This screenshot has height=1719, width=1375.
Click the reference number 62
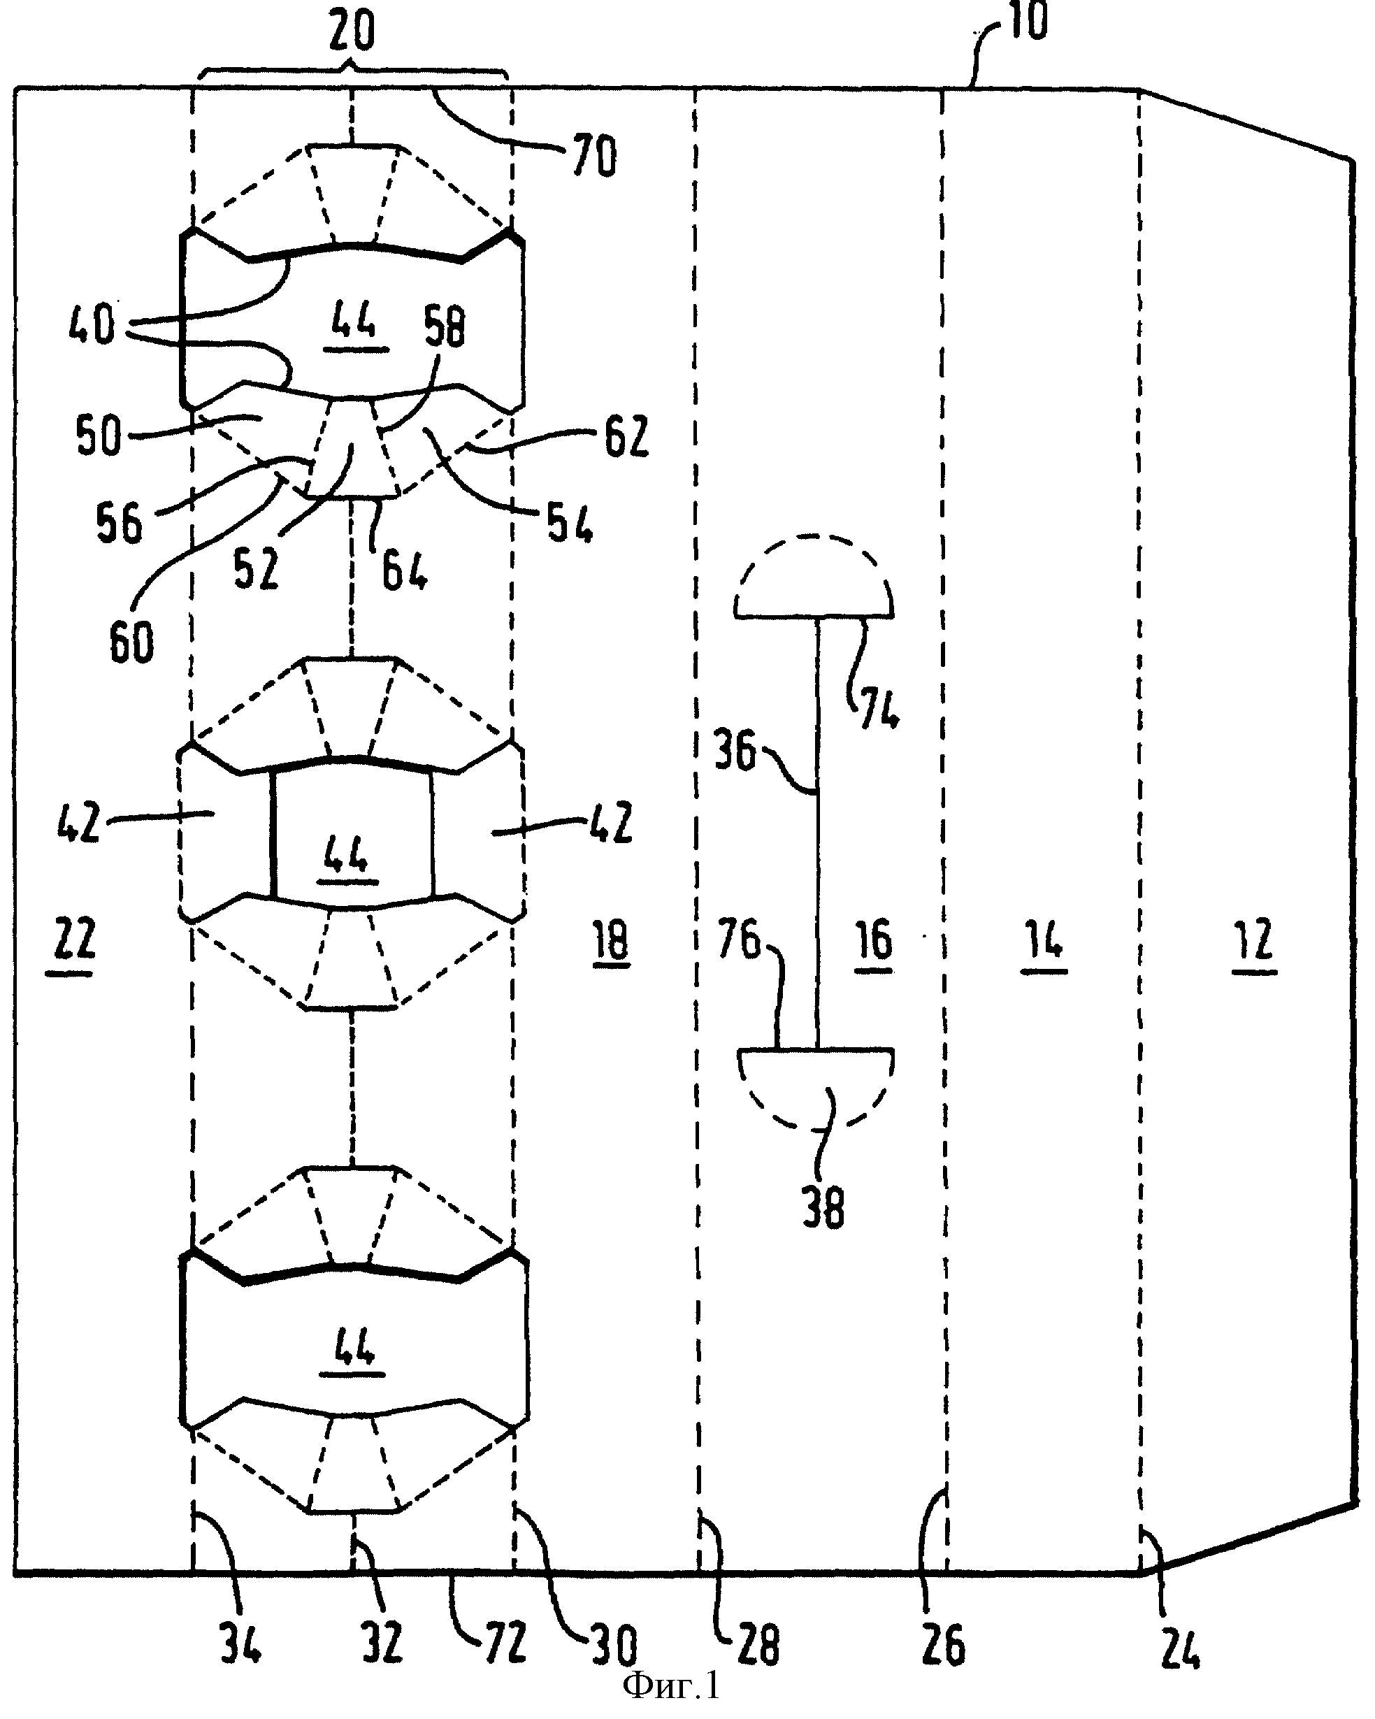point(626,436)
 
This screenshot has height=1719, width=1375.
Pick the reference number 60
point(131,642)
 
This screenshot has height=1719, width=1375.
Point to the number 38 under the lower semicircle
point(823,1208)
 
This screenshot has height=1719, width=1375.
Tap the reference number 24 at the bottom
point(1180,1647)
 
